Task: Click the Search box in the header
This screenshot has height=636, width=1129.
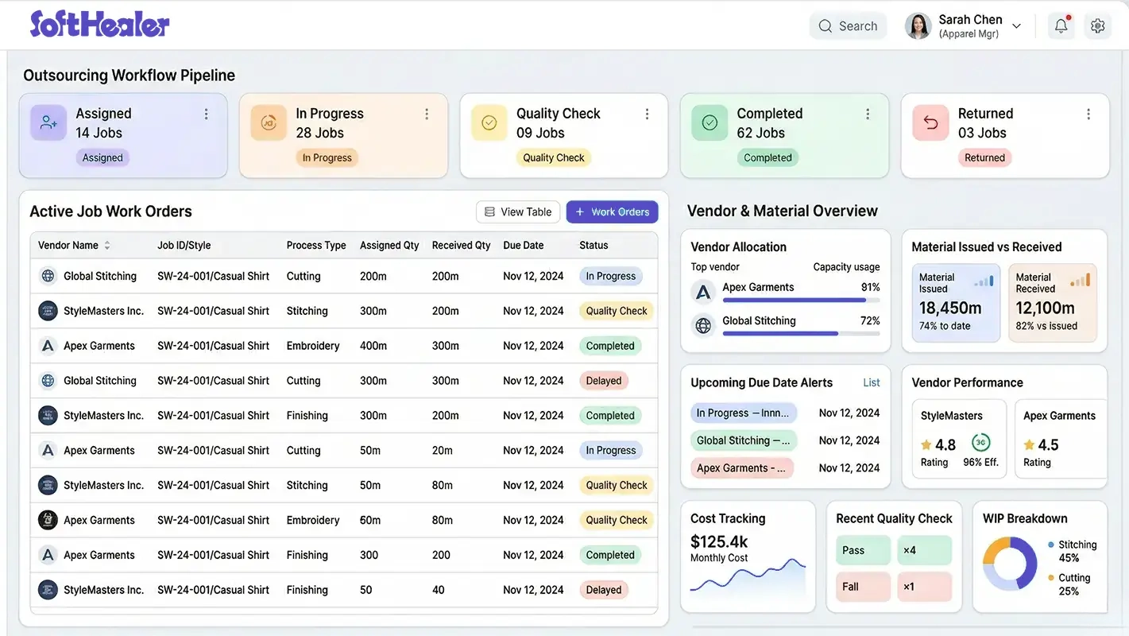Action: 848,26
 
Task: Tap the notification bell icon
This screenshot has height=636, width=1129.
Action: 1061,26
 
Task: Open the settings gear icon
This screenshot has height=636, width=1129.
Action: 1098,26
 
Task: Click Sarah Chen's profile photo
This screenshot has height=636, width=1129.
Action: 918,26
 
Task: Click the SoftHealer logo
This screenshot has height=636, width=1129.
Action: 99,25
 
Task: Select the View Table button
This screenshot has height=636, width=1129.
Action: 518,212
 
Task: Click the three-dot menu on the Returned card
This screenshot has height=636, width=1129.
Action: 1088,114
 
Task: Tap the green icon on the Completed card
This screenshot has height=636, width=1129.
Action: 709,122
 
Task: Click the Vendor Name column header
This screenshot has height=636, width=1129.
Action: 68,246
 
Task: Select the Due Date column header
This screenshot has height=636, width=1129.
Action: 523,246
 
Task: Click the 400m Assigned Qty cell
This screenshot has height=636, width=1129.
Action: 373,346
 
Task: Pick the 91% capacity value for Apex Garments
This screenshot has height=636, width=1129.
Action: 870,288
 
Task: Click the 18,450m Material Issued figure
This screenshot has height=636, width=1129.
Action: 950,308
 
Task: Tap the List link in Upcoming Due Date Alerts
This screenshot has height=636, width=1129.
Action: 872,383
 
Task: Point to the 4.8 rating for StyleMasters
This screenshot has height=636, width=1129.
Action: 945,445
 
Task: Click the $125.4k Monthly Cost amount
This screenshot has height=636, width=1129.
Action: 719,542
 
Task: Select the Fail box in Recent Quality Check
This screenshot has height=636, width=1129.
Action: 863,587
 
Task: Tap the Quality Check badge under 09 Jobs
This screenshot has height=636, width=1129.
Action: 553,158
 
